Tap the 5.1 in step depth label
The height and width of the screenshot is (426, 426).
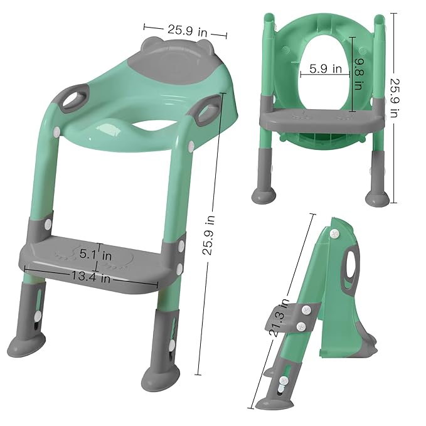(95, 255)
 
